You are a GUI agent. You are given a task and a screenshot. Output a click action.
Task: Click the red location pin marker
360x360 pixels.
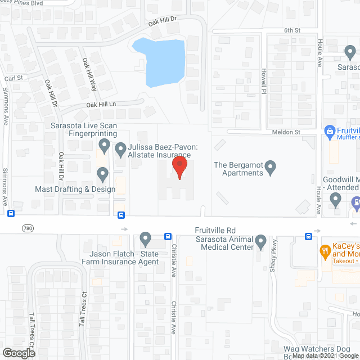click(179, 168)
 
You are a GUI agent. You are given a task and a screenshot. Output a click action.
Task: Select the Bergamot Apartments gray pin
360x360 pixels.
click(271, 167)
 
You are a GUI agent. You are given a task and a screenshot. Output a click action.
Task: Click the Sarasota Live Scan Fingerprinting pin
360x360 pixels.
click(103, 146)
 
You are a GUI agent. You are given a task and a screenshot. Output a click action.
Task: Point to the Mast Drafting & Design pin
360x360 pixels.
click(102, 174)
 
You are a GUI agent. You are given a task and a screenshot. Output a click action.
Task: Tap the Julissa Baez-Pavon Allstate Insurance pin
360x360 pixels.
click(120, 150)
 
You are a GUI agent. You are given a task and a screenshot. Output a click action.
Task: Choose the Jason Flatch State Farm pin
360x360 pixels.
click(146, 239)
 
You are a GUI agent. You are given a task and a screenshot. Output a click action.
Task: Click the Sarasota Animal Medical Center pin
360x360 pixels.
click(260, 242)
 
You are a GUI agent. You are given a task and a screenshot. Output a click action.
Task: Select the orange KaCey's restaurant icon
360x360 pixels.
click(325, 249)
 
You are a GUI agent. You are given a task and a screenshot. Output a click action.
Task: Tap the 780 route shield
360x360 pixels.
click(28, 228)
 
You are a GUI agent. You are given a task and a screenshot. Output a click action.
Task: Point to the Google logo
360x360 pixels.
click(18, 353)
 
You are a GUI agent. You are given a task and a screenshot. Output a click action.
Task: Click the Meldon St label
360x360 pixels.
click(287, 132)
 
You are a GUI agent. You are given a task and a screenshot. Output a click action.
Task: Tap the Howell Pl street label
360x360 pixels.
click(263, 82)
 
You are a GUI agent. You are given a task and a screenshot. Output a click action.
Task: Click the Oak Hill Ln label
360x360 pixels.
click(101, 105)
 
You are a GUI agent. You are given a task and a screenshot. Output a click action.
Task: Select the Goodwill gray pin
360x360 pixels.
click(336, 199)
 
